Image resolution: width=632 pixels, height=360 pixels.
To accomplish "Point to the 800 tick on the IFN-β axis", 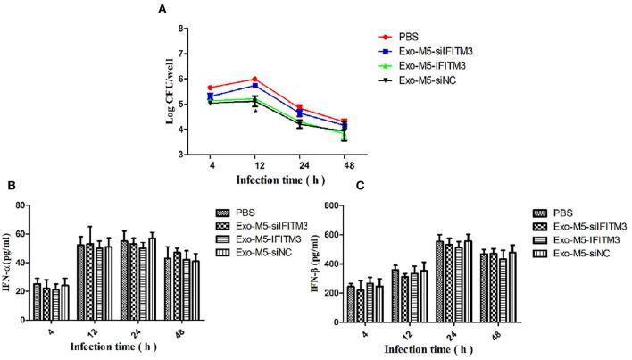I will pyautogui.click(x=343, y=206).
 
